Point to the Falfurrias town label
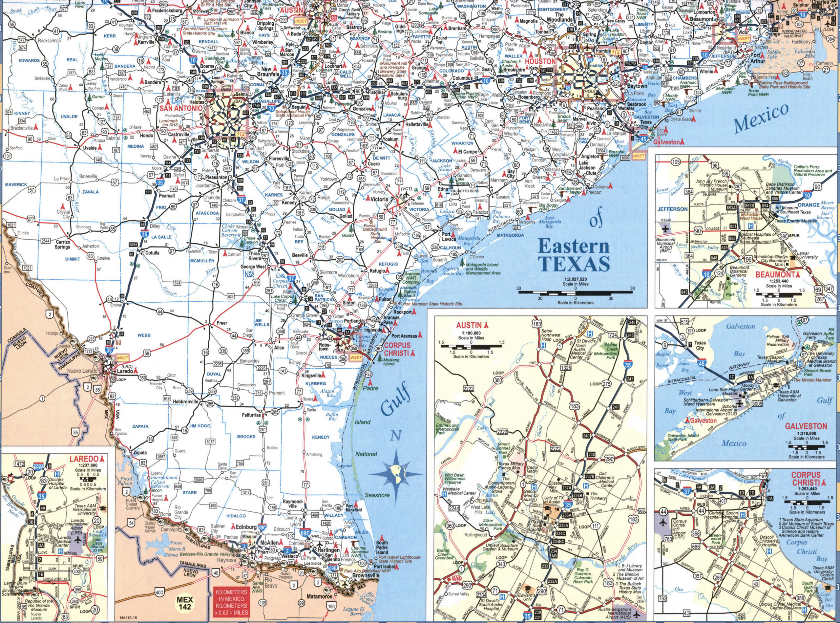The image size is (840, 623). [x=251, y=415]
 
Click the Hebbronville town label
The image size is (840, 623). [x=185, y=402]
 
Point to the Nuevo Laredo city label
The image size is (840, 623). [x=83, y=371]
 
